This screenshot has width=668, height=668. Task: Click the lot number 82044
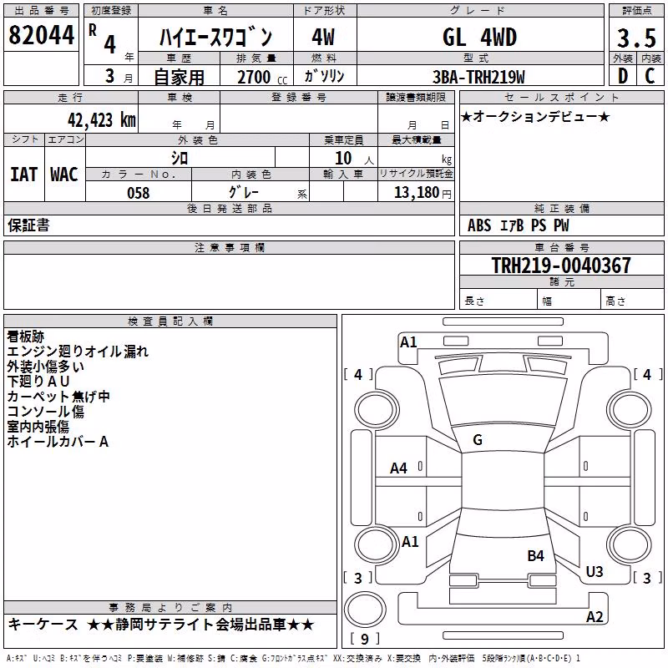pos(41,35)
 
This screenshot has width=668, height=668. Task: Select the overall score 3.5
pos(636,38)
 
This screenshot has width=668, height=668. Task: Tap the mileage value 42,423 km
pos(102,120)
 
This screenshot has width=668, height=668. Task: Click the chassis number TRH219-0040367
pos(561,265)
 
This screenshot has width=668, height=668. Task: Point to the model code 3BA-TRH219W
pos(478,77)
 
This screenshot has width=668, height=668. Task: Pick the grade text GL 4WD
pos(479,37)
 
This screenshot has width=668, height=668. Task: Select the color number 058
pos(139,193)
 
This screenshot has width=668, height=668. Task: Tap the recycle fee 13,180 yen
pos(423,193)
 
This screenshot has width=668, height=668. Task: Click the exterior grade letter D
pos(623,76)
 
